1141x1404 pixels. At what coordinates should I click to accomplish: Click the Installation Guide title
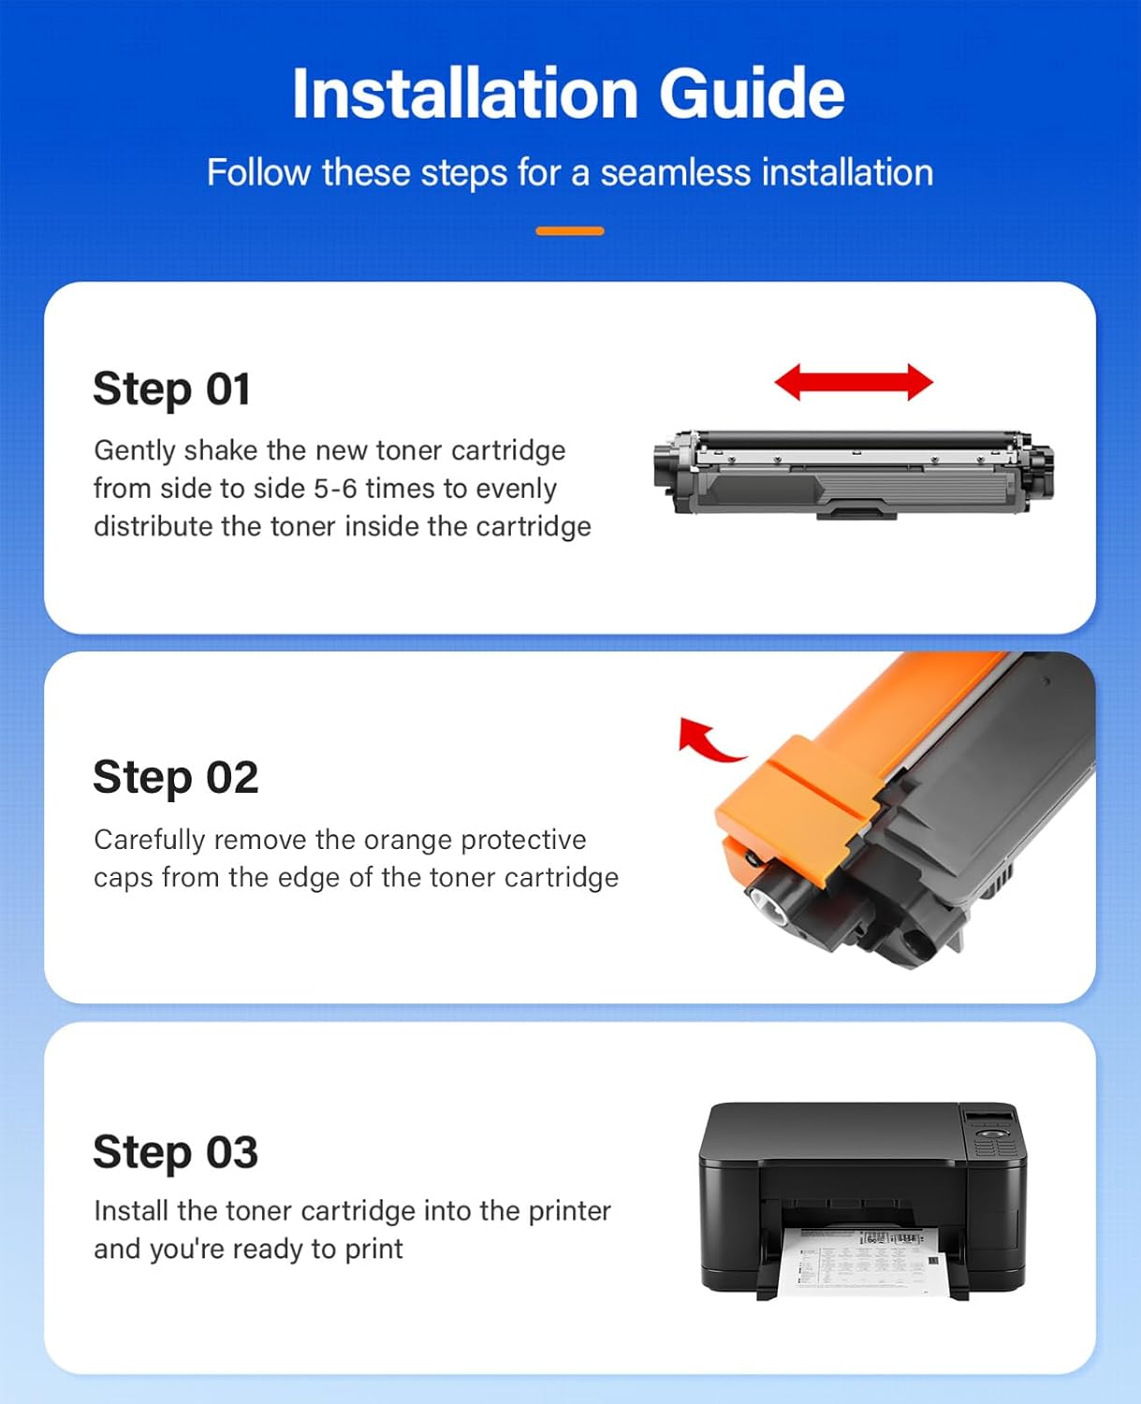point(568,94)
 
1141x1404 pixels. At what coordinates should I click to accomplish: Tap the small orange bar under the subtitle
point(569,231)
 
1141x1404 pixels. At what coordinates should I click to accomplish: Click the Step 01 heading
point(171,388)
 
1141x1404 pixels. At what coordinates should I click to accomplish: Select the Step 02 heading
point(175,777)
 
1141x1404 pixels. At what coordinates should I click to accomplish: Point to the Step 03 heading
point(175,1151)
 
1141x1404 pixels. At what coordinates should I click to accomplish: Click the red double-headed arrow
point(854,383)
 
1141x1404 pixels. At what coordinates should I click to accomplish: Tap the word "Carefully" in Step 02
point(149,840)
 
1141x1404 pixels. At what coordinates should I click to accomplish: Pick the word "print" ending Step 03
point(373,1250)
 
